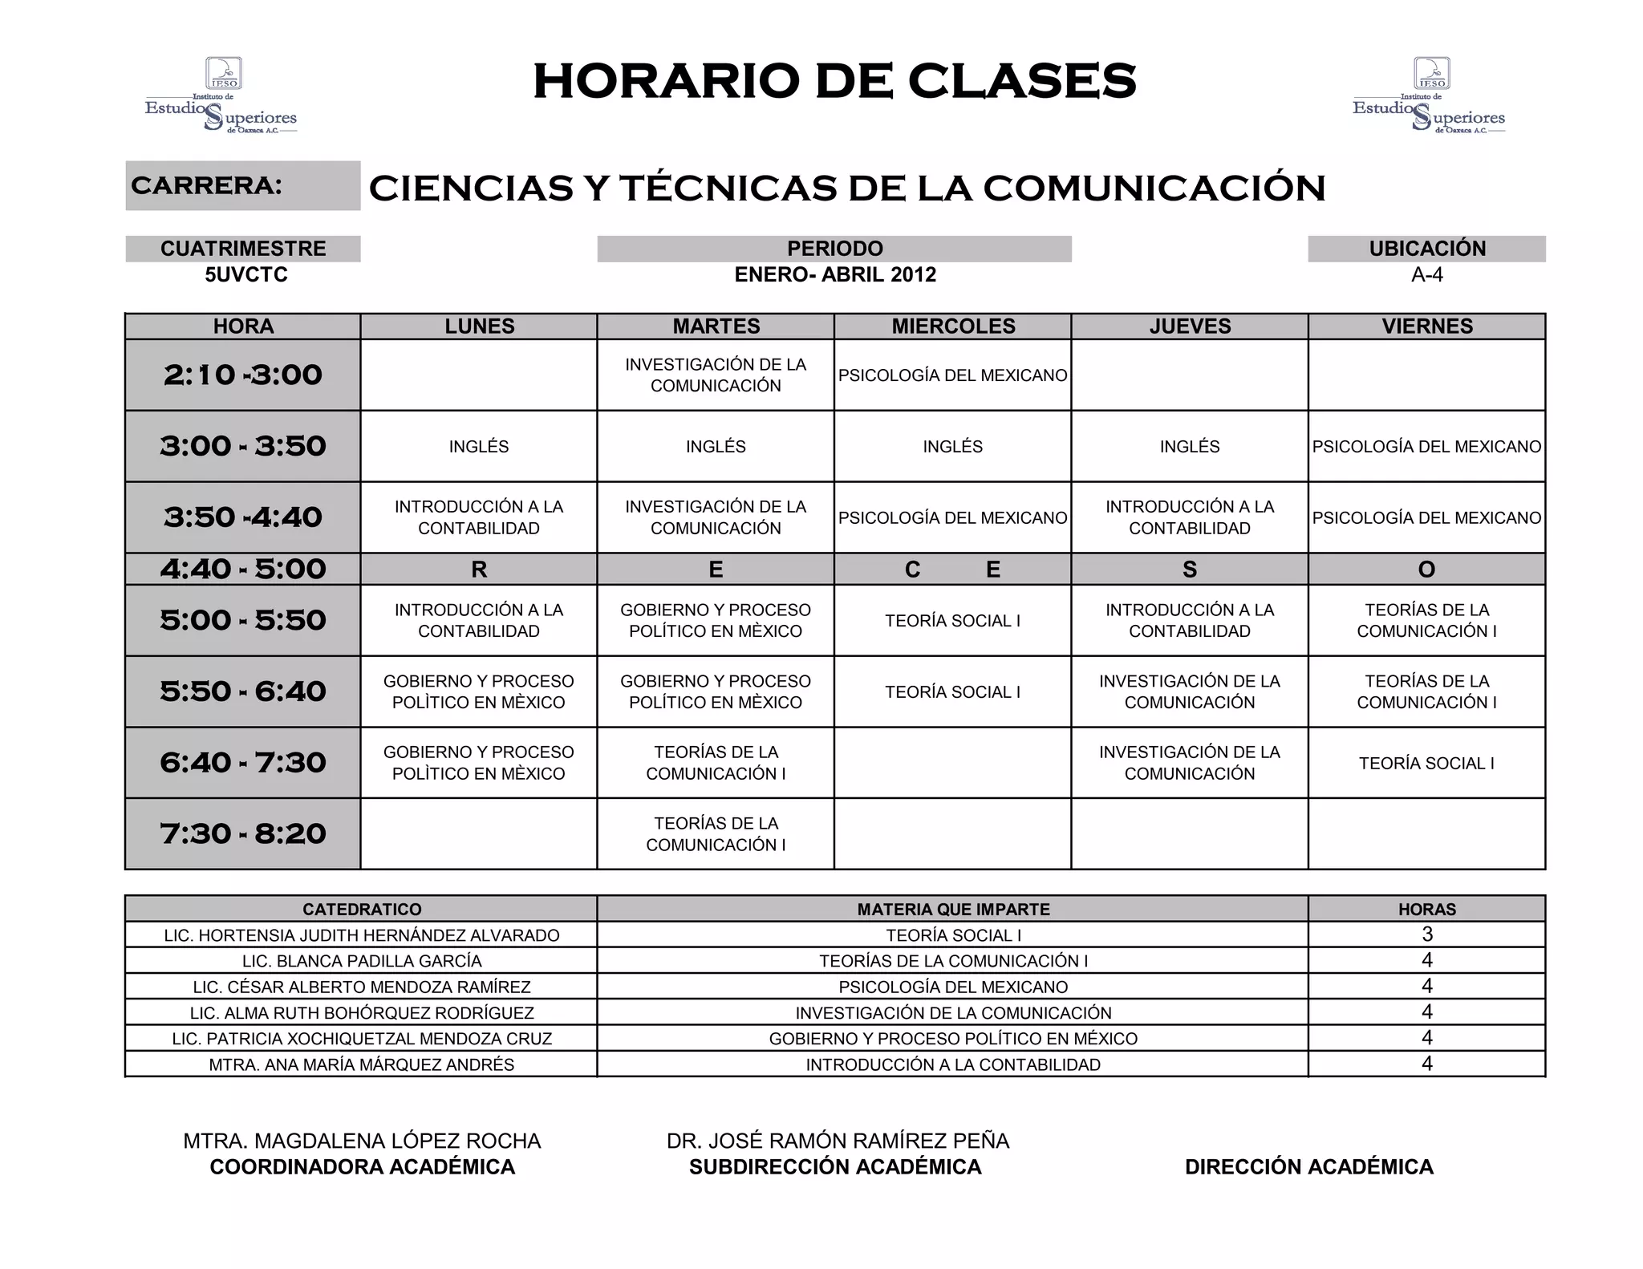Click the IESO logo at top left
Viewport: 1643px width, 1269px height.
[x=221, y=95]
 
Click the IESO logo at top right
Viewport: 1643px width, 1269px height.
[x=1429, y=95]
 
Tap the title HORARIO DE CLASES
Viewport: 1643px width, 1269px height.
[x=834, y=81]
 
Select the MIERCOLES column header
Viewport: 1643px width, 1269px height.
[x=953, y=326]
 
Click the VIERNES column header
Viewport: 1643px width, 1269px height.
[x=1426, y=326]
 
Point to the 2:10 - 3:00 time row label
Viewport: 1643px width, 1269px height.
[x=243, y=375]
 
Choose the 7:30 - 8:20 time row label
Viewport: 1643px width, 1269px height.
[x=243, y=833]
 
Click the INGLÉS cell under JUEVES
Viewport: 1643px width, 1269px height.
[x=1189, y=447]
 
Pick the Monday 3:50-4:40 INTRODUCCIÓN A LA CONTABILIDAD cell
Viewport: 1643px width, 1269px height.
[x=479, y=517]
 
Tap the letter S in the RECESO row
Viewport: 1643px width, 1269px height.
[x=1189, y=570]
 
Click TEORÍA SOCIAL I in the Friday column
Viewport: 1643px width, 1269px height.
[x=1426, y=763]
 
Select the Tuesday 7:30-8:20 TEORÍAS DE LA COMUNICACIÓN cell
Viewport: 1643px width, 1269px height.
[x=716, y=833]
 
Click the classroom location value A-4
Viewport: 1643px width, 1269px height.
[x=1426, y=275]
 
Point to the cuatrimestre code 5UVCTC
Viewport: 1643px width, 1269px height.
[x=245, y=275]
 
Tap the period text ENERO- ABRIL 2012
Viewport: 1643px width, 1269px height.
[x=835, y=275]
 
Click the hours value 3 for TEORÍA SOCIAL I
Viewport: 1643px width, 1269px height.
[x=1426, y=935]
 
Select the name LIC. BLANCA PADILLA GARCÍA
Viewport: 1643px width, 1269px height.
[x=362, y=961]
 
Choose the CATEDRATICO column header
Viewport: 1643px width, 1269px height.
[x=362, y=909]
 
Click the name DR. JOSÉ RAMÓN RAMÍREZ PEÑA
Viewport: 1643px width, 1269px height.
[x=838, y=1141]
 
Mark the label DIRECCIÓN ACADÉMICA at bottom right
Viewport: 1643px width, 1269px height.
[x=1308, y=1166]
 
